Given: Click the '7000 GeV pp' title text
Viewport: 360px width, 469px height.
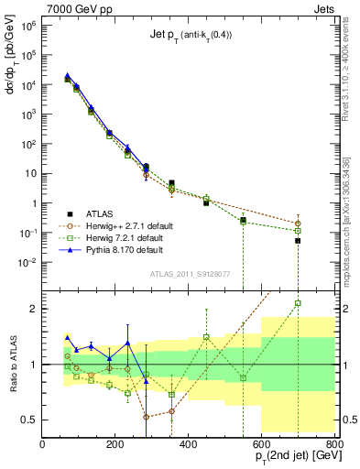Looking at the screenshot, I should [76, 8].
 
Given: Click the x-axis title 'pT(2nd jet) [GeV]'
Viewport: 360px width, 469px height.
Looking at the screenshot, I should [286, 456].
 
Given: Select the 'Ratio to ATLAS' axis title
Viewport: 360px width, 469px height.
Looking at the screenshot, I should [13, 365].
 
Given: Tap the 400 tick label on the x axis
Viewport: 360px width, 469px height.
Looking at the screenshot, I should [189, 445].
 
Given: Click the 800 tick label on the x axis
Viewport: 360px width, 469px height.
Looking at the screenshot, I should [333, 445].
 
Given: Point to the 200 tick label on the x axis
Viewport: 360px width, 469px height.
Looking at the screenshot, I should [115, 445].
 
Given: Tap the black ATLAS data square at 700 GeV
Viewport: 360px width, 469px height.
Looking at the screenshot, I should [298, 240].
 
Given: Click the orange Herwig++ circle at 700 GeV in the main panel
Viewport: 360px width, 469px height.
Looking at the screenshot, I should [298, 224].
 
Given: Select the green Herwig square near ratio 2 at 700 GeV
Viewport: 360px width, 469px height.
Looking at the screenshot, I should [298, 303].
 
